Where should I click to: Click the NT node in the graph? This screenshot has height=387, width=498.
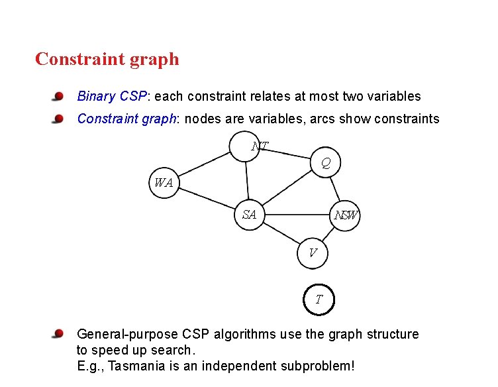click(x=248, y=146)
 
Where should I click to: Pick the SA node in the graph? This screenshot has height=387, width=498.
click(x=250, y=214)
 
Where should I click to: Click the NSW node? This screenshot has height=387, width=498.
click(x=345, y=215)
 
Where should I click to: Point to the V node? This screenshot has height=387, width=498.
click(x=312, y=252)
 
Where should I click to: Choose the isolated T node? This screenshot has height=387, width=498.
click(x=319, y=299)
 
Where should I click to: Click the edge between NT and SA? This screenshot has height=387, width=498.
click(x=247, y=179)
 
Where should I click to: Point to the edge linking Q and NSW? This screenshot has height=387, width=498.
click(x=335, y=188)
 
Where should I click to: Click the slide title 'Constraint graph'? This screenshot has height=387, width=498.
click(x=107, y=59)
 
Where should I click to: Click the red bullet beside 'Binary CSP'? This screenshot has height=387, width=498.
click(x=59, y=97)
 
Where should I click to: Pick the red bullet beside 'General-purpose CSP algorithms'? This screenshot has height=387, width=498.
click(x=59, y=333)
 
